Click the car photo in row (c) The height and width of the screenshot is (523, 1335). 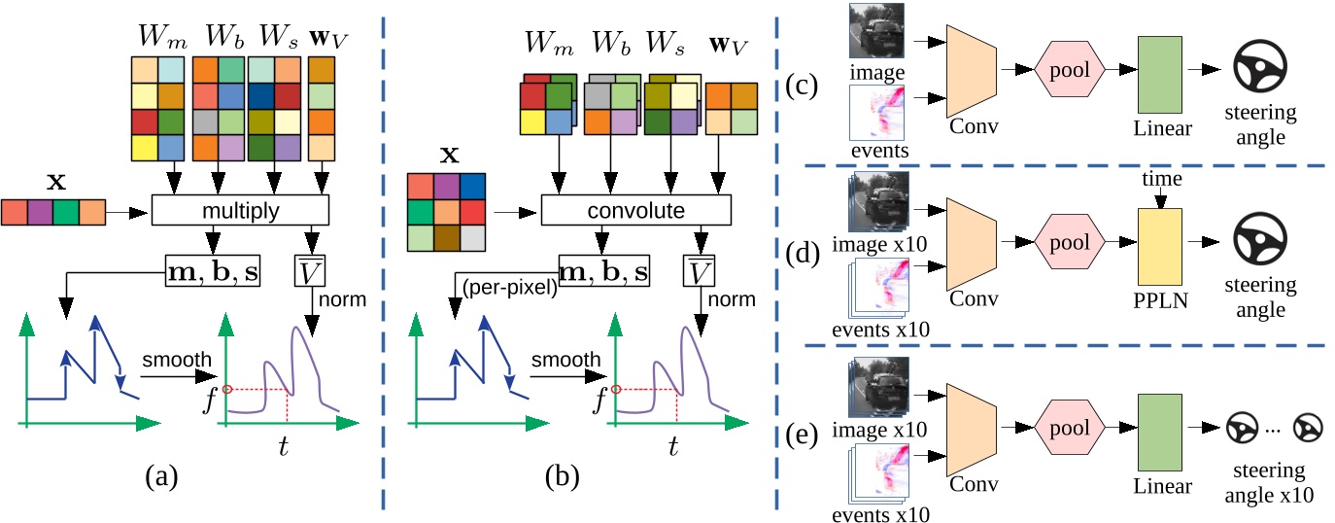[x=878, y=34]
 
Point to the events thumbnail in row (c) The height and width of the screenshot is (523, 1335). [x=878, y=113]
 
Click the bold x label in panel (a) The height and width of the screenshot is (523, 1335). [x=51, y=181]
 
